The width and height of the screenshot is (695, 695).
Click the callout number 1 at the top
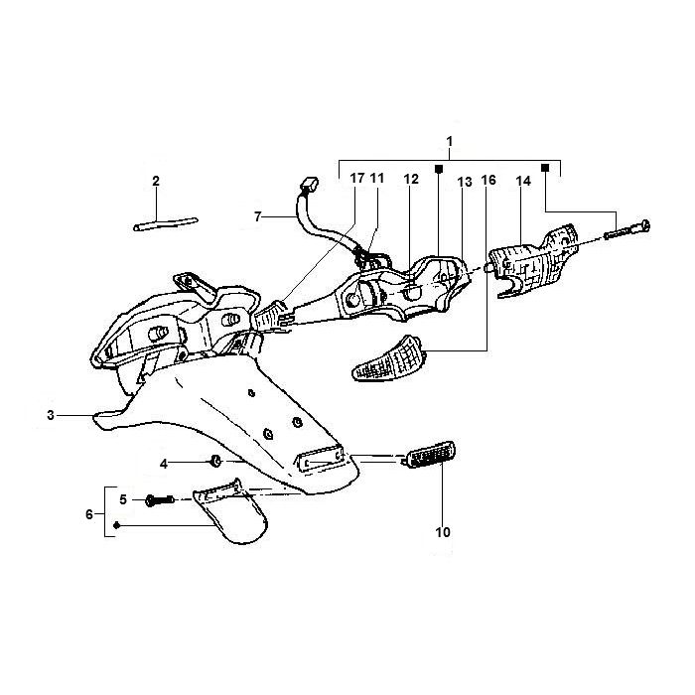click(449, 142)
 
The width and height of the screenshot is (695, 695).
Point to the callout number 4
click(167, 463)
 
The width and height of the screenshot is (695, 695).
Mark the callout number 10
click(443, 532)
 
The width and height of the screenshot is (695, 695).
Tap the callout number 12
click(411, 180)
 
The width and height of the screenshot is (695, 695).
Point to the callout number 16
click(487, 180)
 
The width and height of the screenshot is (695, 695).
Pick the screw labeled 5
click(159, 498)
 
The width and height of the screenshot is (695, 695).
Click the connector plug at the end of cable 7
click(309, 184)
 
